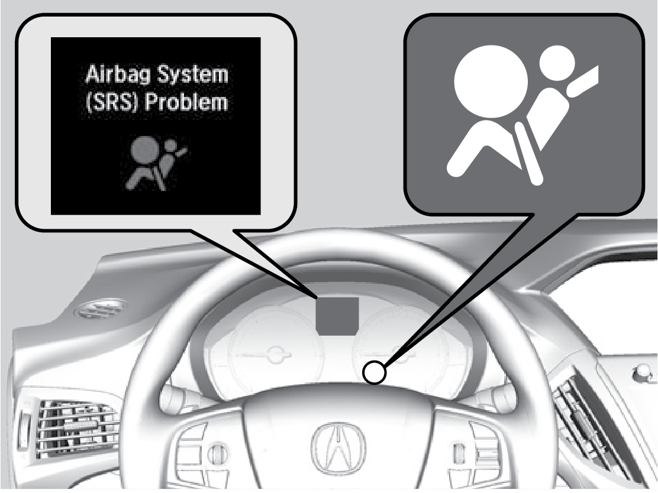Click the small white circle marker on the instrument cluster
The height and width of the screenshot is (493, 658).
coord(374,372)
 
